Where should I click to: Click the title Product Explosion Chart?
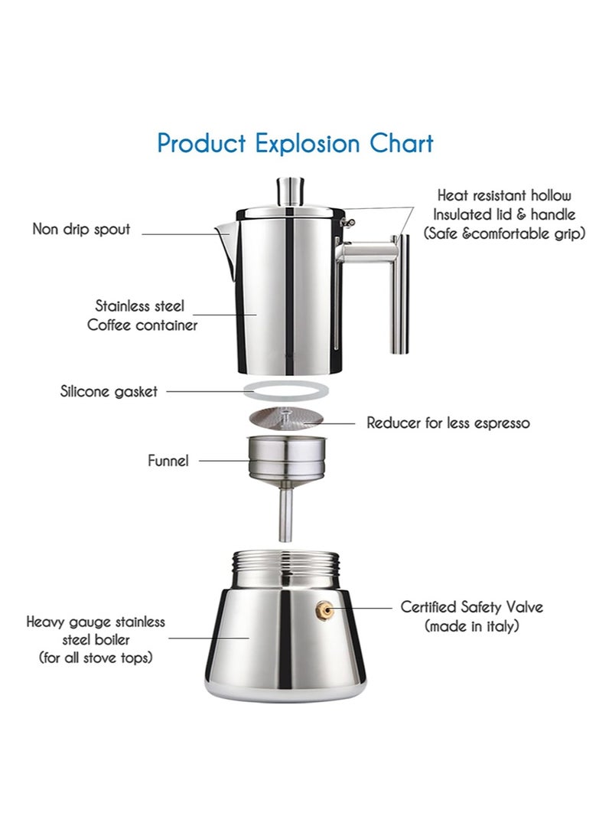tap(295, 143)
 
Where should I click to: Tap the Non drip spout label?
tap(82, 229)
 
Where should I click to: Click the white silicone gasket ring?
tap(286, 390)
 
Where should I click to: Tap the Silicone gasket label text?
tap(109, 392)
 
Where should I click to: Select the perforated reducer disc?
tap(285, 417)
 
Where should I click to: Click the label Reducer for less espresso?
tap(448, 423)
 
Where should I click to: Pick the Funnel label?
tap(168, 461)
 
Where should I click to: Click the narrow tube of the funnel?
tap(286, 512)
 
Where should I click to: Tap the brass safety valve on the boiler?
tap(324, 609)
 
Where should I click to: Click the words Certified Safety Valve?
tap(471, 607)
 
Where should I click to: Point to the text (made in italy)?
tap(471, 626)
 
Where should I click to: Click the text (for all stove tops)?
tap(96, 658)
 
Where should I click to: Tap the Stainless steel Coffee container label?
tap(142, 315)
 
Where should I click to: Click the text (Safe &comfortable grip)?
tap(504, 233)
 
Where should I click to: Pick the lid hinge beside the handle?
tap(348, 220)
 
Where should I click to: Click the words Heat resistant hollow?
tap(504, 196)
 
